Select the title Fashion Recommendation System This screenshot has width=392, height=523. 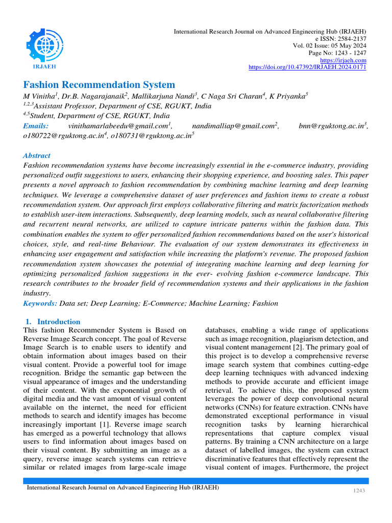99,85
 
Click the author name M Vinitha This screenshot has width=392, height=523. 40,97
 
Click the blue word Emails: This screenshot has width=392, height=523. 36,126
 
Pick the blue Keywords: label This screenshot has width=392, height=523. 40,303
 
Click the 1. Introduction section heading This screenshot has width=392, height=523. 53,322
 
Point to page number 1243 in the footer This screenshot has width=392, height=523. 360,491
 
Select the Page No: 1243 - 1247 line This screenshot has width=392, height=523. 337,53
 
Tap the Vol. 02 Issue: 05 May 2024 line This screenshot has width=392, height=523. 329,46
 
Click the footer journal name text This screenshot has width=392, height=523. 123,488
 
